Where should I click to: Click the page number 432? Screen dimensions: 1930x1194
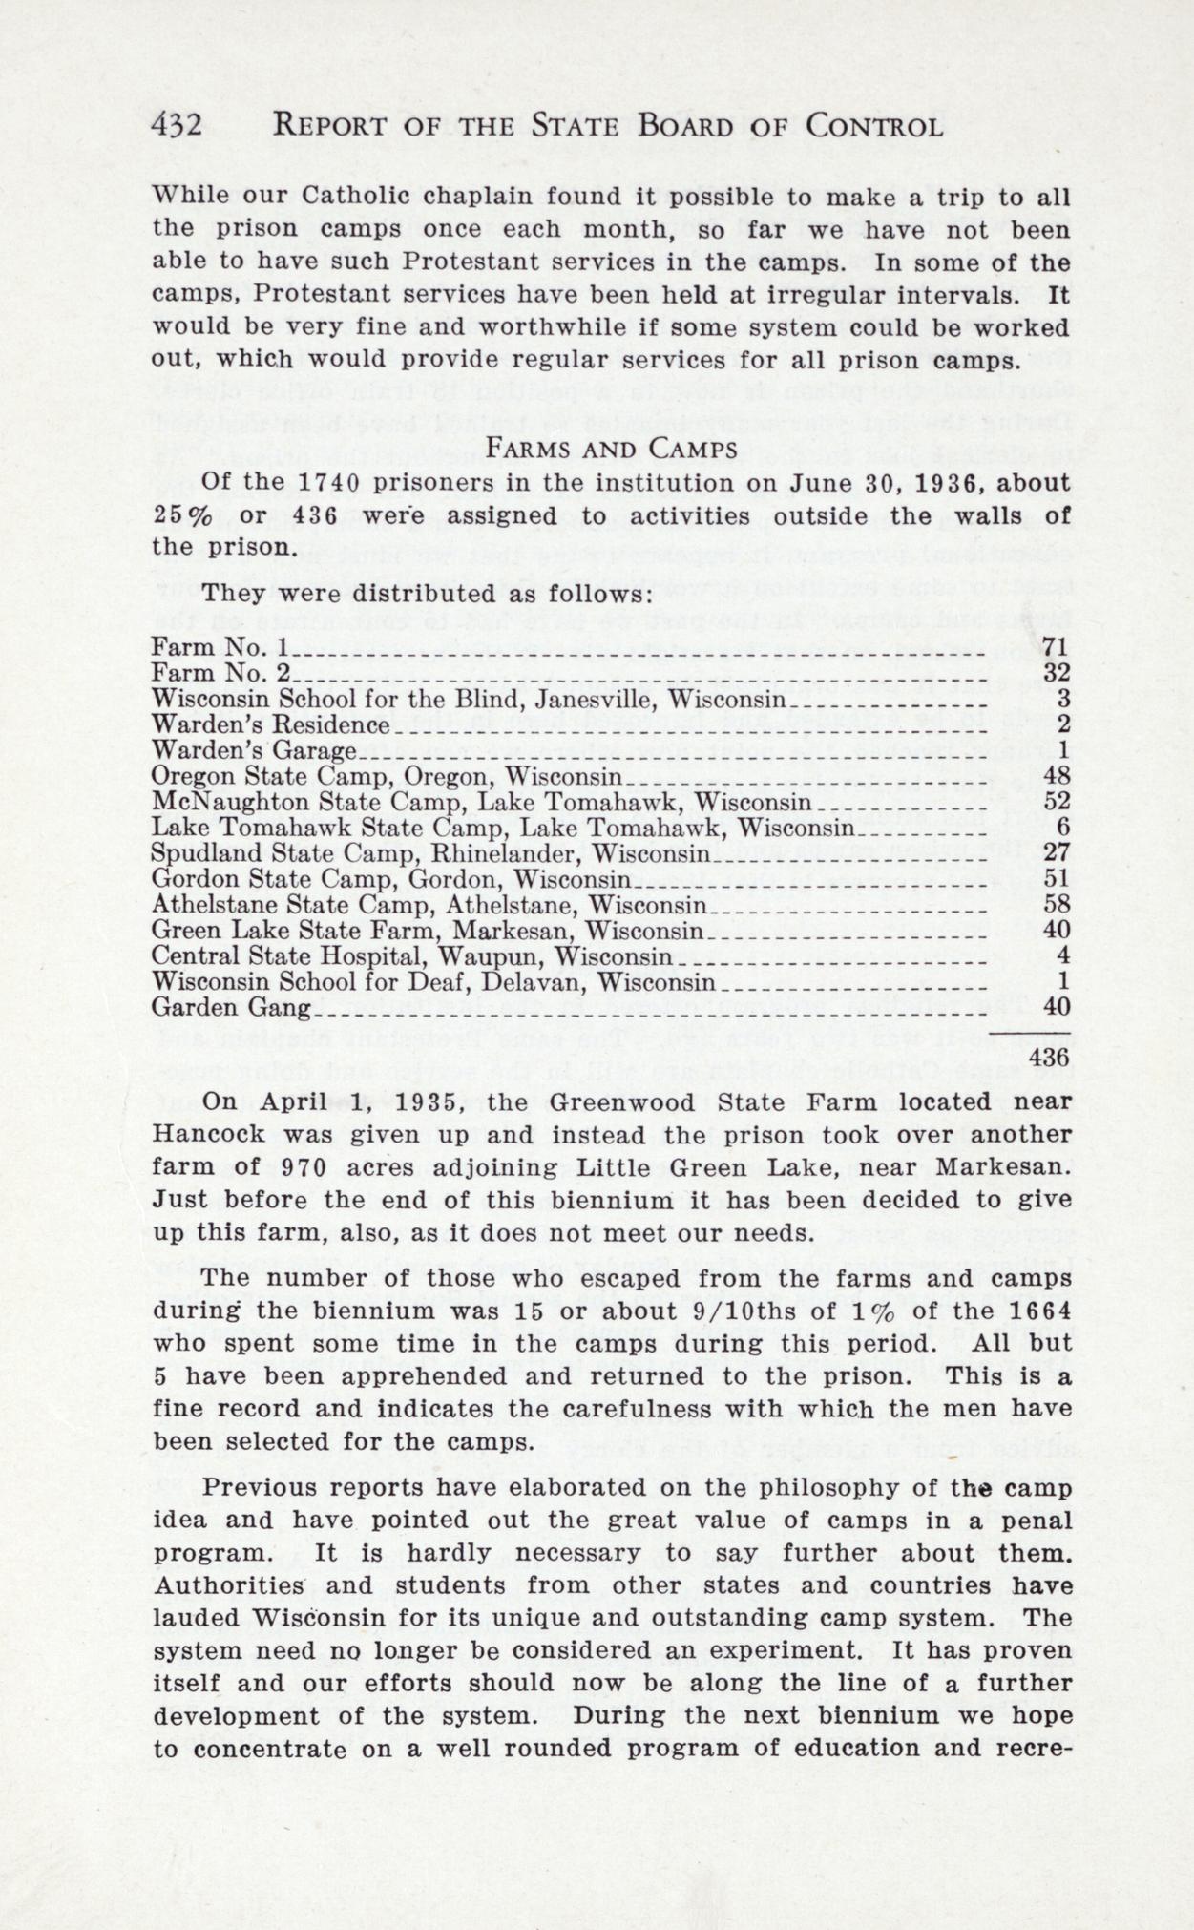tap(177, 125)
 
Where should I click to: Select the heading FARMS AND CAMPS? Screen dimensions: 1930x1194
tap(611, 448)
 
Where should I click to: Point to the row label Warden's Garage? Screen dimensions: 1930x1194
tap(254, 749)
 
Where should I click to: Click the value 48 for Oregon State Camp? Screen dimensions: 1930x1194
tap(1056, 774)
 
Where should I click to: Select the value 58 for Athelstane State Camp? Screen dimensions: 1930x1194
tap(1056, 903)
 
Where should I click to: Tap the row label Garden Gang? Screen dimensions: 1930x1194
tap(231, 1006)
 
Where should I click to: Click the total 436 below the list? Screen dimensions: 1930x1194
tap(1052, 1057)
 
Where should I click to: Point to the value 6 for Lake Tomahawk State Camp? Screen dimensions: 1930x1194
tap(1062, 826)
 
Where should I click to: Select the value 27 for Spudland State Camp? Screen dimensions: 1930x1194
tap(1056, 851)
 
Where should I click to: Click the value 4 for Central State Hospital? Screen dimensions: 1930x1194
tap(1062, 955)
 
